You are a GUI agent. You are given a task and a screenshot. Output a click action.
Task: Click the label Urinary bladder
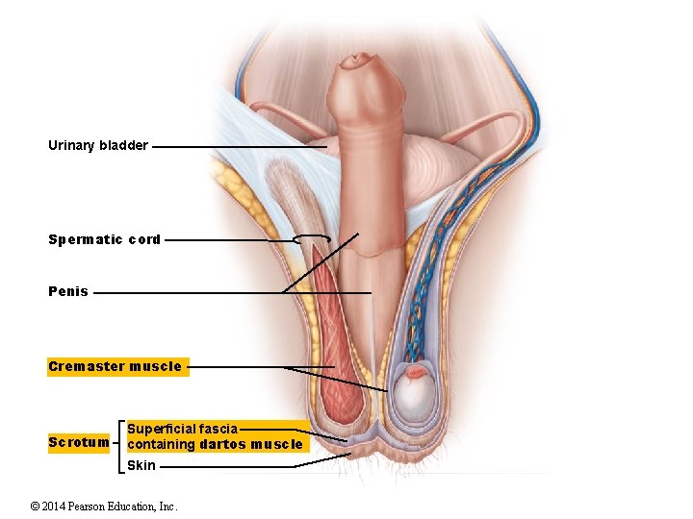[x=98, y=146]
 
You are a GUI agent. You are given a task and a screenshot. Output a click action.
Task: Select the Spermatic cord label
[x=104, y=239]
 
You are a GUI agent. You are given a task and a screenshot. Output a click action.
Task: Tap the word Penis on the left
[x=68, y=291]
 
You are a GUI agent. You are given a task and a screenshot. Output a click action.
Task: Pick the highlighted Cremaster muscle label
[x=115, y=366]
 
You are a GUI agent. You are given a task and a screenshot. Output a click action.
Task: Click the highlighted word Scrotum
[x=79, y=443]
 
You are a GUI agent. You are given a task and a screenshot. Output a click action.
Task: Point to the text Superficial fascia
[x=183, y=429]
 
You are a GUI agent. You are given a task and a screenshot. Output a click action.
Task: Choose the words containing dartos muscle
[x=215, y=444]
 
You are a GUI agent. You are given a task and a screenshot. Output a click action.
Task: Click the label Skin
[x=141, y=465]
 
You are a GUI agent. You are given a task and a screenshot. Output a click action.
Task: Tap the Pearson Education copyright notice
[x=104, y=506]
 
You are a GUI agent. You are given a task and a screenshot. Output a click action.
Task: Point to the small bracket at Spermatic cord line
[x=312, y=238]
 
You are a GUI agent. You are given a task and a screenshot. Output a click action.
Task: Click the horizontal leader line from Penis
[x=231, y=292]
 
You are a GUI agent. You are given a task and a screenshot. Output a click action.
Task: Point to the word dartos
[x=224, y=444]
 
